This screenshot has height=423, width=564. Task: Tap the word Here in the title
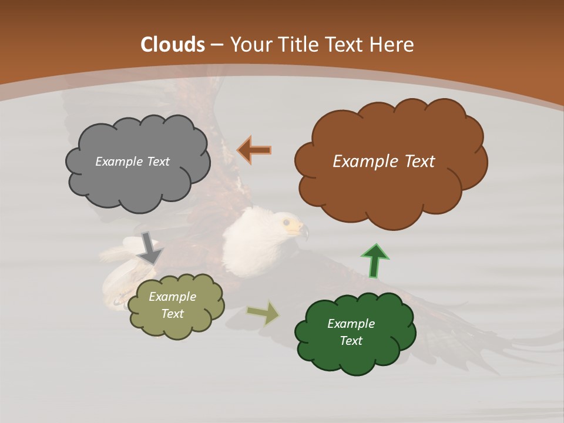(x=392, y=45)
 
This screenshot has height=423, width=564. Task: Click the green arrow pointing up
(x=375, y=260)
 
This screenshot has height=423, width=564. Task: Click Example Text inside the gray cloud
(x=132, y=162)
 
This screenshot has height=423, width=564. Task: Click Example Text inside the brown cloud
(x=384, y=162)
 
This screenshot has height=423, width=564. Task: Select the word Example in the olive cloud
(x=172, y=297)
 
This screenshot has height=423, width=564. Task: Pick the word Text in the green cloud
(x=351, y=341)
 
